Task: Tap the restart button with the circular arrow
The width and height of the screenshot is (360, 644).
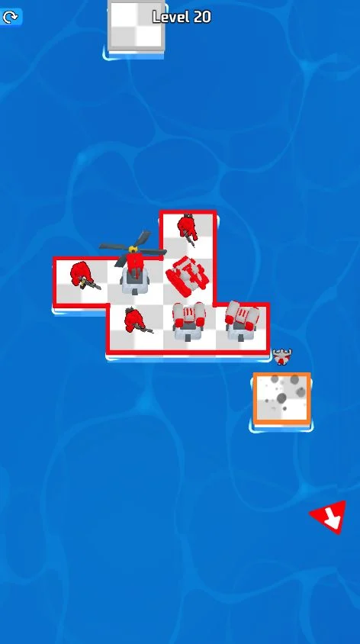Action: click(9, 17)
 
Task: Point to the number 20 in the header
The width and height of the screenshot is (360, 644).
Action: click(201, 17)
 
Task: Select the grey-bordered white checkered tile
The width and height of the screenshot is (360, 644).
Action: click(137, 25)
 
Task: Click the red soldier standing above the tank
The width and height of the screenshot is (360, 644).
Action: click(187, 227)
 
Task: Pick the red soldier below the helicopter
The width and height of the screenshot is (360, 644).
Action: click(135, 320)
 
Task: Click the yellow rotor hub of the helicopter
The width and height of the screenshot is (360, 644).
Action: click(132, 249)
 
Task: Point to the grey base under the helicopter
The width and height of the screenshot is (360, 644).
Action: click(135, 283)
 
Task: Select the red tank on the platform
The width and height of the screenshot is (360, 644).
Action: click(188, 275)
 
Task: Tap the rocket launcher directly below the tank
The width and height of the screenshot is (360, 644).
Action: click(188, 321)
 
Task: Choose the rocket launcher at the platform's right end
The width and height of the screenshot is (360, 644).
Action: click(242, 320)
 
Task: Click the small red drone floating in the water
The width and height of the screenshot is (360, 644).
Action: click(282, 356)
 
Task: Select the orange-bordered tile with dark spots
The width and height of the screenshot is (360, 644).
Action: click(281, 398)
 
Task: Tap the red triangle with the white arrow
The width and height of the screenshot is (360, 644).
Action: click(329, 517)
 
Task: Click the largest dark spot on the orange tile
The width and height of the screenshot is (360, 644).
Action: click(281, 398)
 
